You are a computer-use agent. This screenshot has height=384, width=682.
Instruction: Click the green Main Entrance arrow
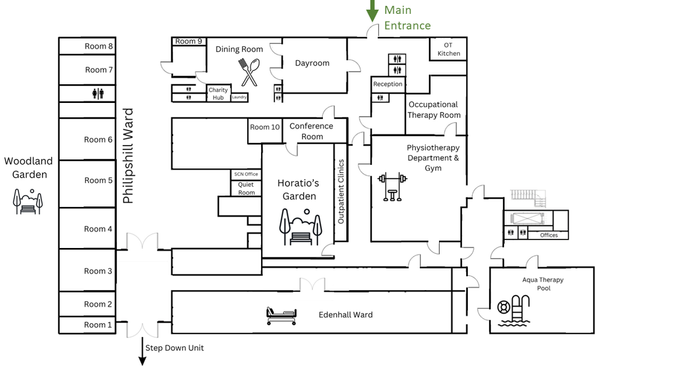click(372, 11)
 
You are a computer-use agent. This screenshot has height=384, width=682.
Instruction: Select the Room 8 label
click(99, 46)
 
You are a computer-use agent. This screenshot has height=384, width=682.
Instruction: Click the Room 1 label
click(98, 325)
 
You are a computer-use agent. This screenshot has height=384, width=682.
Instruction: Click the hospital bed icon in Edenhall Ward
click(281, 315)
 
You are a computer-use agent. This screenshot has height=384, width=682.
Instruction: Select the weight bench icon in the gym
click(392, 187)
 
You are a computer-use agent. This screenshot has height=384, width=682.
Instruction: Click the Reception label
click(388, 84)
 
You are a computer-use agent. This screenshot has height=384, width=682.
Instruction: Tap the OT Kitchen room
click(448, 49)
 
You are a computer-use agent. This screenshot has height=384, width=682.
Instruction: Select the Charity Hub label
click(218, 94)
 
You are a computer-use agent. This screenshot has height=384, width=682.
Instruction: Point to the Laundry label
click(239, 97)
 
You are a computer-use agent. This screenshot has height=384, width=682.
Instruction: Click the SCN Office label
click(246, 174)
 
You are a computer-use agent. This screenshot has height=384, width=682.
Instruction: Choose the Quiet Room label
click(246, 188)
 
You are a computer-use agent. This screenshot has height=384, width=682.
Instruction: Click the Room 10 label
click(265, 127)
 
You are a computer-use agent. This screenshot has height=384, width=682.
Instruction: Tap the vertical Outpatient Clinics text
click(341, 191)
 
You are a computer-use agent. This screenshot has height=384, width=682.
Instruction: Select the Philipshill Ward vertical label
click(127, 156)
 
